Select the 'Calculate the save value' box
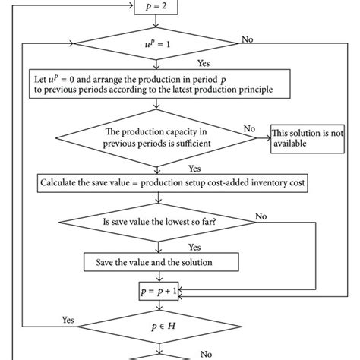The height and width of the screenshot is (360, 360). tap(164, 183)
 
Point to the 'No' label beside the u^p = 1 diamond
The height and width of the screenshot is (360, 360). tap(248, 37)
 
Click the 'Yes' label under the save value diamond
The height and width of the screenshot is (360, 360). tap(194, 247)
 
